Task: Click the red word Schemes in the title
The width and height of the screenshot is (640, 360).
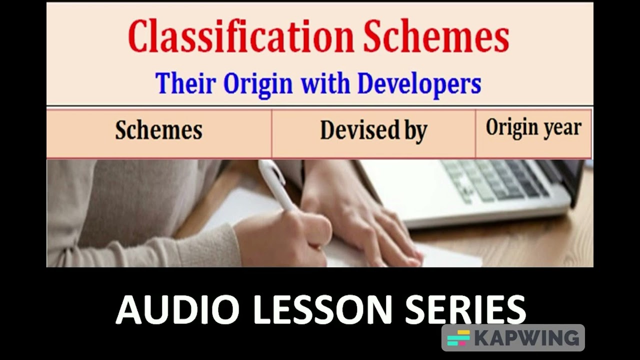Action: click(x=436, y=37)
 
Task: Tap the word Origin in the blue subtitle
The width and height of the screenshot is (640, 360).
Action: click(x=258, y=83)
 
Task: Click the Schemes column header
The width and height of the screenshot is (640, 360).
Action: click(x=158, y=130)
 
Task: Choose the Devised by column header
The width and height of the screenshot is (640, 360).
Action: click(x=373, y=131)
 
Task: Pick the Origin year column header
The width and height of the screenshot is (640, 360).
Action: click(x=533, y=128)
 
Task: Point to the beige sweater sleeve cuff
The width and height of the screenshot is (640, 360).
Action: click(x=210, y=245)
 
